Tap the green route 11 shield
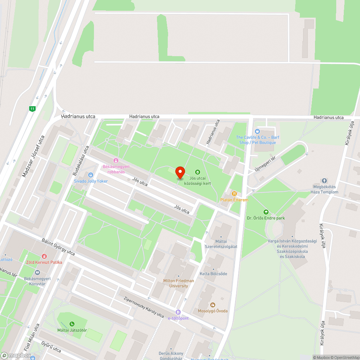[33, 108]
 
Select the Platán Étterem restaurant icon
[234, 193]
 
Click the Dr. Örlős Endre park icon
[266, 212]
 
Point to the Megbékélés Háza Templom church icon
[324, 181]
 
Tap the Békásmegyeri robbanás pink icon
[116, 161]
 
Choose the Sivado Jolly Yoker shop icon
[90, 175]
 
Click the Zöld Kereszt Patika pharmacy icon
[44, 256]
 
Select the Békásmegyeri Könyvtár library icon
[37, 273]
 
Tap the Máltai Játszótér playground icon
[72, 324]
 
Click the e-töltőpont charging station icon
[178, 312]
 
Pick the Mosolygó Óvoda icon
[212, 305]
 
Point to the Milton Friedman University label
[179, 283]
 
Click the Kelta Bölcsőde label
[214, 274]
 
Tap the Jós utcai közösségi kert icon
[197, 172]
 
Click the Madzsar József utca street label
[33, 156]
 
